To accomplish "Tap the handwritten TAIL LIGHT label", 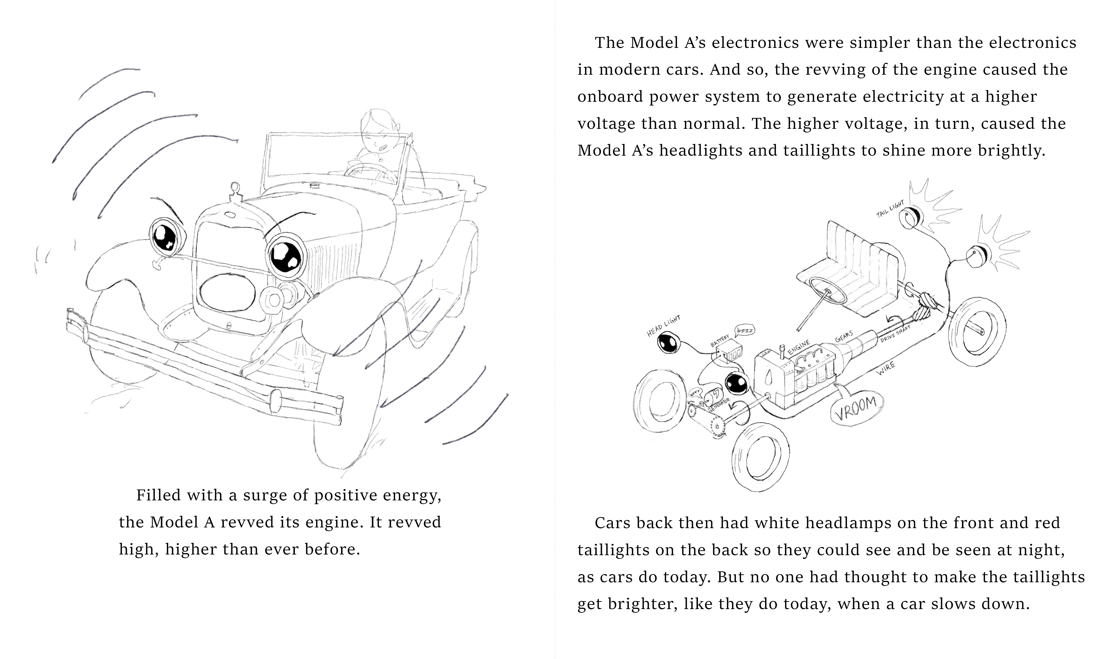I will click(890, 209).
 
